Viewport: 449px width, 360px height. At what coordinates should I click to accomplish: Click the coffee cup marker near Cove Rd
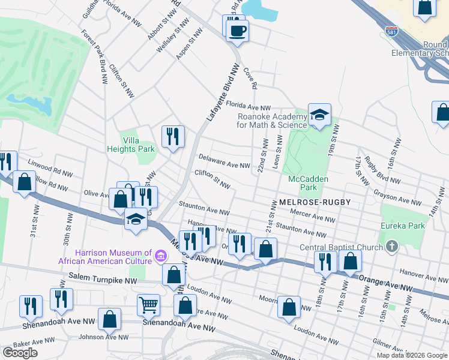[237, 31]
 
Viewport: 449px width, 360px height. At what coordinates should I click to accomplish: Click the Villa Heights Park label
[131, 145]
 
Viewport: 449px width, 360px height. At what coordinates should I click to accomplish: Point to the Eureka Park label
[402, 226]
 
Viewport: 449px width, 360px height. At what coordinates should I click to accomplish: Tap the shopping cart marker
[148, 304]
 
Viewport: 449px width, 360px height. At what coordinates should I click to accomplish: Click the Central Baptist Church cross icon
[391, 247]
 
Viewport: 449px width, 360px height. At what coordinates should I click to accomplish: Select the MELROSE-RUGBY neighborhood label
[315, 202]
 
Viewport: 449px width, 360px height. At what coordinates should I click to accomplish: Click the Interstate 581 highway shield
[391, 31]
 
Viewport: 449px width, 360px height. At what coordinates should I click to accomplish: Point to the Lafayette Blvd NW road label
[220, 93]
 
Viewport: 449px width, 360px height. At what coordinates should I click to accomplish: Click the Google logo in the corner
[20, 353]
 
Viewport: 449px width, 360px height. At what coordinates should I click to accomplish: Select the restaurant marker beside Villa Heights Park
[173, 136]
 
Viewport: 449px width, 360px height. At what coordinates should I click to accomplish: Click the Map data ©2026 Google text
[411, 355]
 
